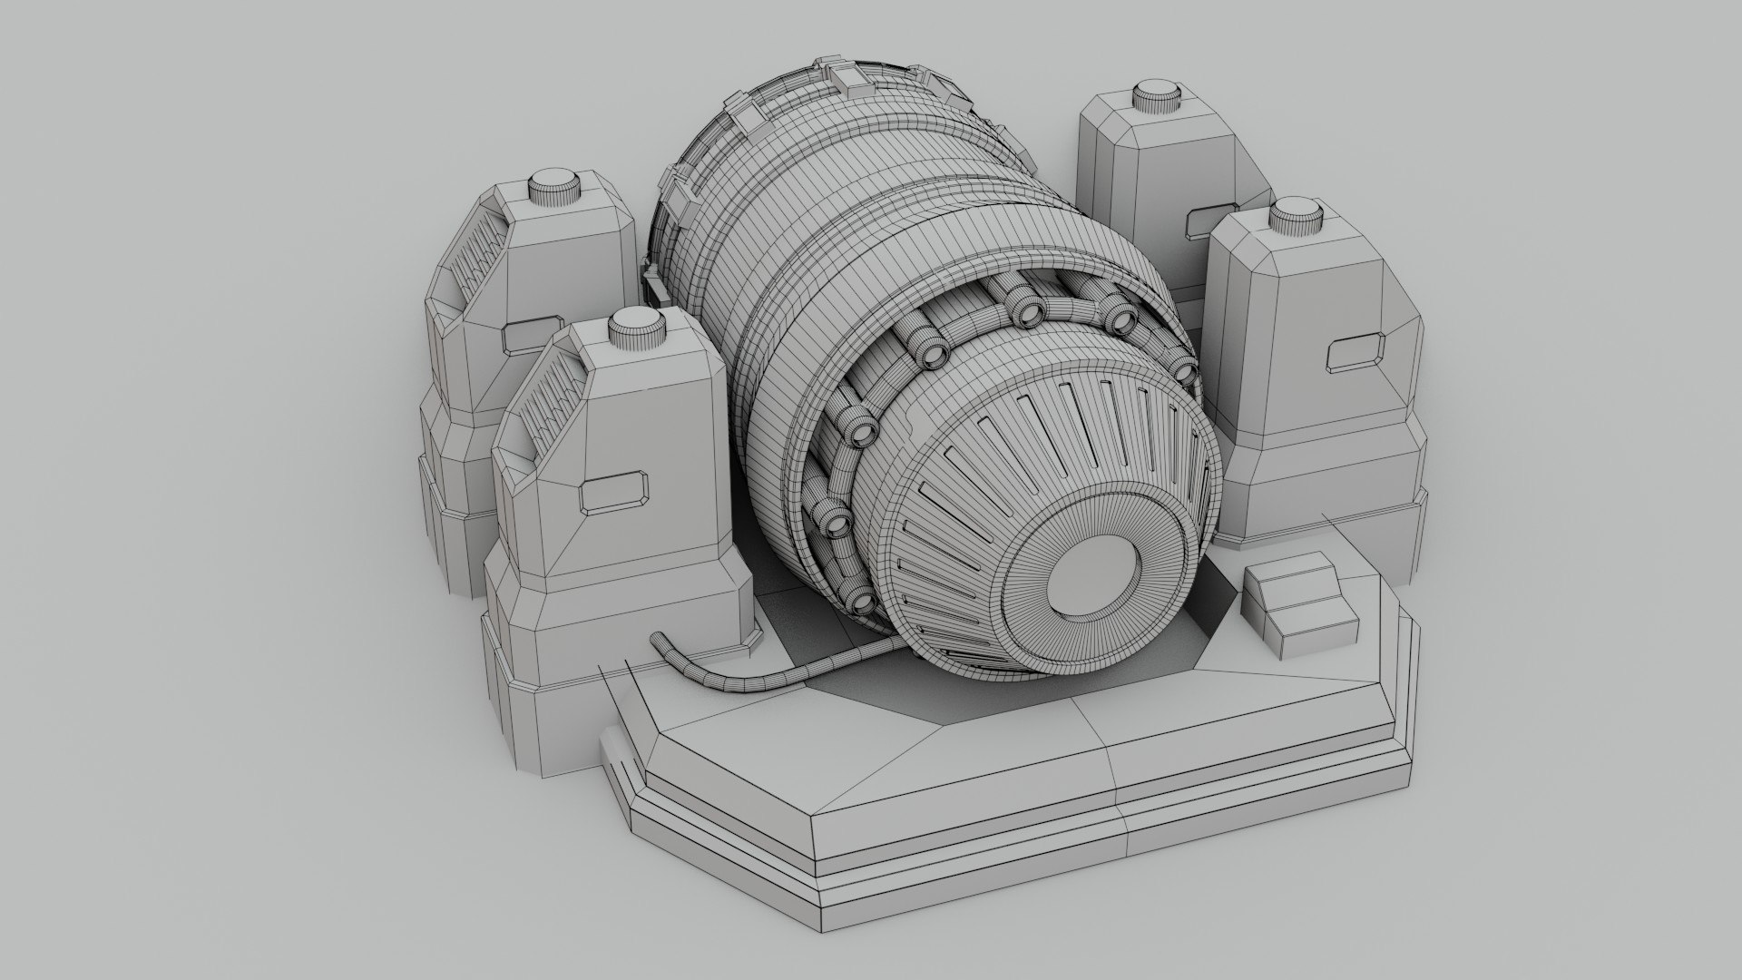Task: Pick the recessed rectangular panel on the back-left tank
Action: point(533,334)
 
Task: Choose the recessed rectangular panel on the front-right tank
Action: point(1357,354)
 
